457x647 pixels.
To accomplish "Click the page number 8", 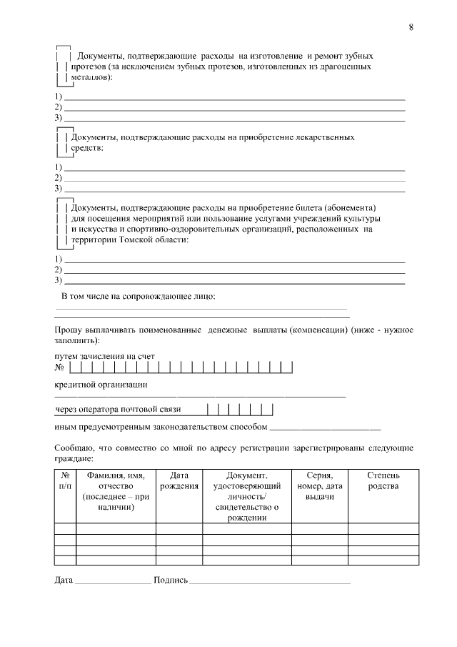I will [x=411, y=27].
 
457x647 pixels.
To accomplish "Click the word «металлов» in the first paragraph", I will [x=88, y=78].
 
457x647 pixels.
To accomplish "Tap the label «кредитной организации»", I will [x=101, y=385].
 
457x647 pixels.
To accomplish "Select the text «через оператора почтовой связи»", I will [x=119, y=410].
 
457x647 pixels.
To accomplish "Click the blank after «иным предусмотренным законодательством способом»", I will [x=325, y=428].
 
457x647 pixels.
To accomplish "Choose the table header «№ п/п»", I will [x=65, y=480].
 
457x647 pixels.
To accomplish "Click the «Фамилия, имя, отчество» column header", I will [x=116, y=490].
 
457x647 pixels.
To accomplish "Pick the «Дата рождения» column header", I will [x=179, y=480].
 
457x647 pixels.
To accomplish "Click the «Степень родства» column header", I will [x=383, y=480].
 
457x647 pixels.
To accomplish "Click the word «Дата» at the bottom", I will [x=64, y=580].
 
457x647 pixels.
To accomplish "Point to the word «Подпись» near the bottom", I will [x=170, y=580].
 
